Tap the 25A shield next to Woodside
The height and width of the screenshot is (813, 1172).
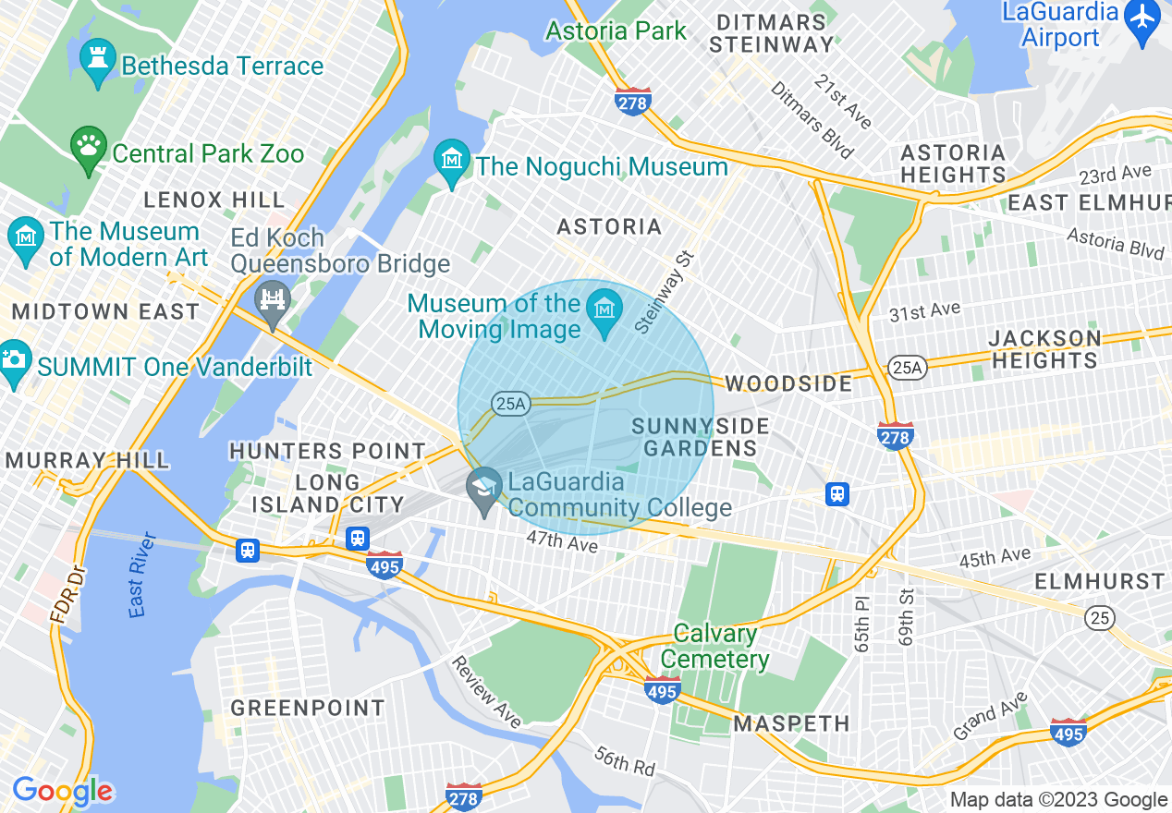point(905,368)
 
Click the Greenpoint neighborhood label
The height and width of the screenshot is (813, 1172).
point(308,709)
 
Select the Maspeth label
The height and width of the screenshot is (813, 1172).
point(791,723)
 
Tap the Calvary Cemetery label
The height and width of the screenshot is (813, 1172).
point(715,647)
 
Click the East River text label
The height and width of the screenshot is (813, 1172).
point(140,574)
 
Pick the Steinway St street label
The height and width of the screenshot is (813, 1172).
point(663,293)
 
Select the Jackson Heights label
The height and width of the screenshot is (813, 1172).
point(1044,348)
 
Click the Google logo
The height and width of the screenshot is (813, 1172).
point(63,792)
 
